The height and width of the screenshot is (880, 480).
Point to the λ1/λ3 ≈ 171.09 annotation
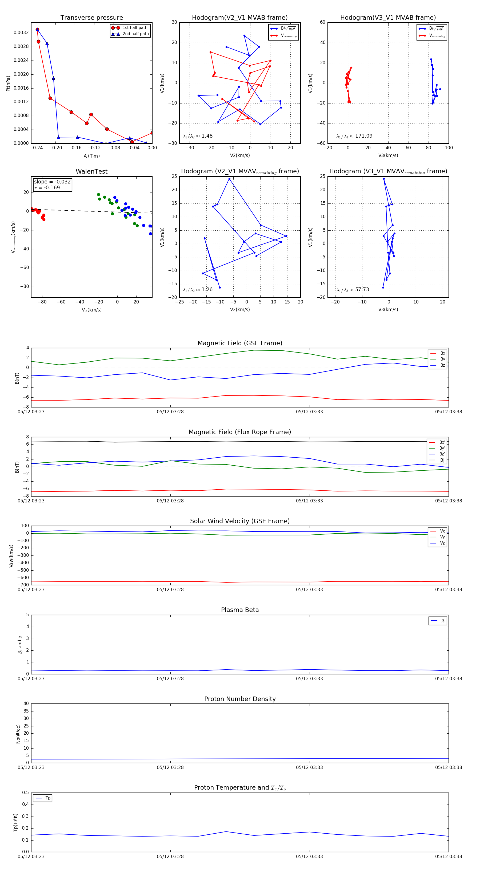pyautogui.click(x=354, y=136)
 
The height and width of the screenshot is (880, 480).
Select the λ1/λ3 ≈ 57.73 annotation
pyautogui.click(x=353, y=290)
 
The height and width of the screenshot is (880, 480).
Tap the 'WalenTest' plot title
pyautogui.click(x=91, y=171)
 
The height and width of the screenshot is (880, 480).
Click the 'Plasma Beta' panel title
pyautogui.click(x=240, y=610)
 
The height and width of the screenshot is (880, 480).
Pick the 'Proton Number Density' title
pyautogui.click(x=240, y=699)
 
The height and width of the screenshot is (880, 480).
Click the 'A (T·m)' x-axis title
pyautogui.click(x=91, y=156)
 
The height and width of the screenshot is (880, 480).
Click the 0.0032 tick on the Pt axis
pyautogui.click(x=21, y=33)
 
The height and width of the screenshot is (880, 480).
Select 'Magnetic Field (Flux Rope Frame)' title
pyautogui.click(x=240, y=432)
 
